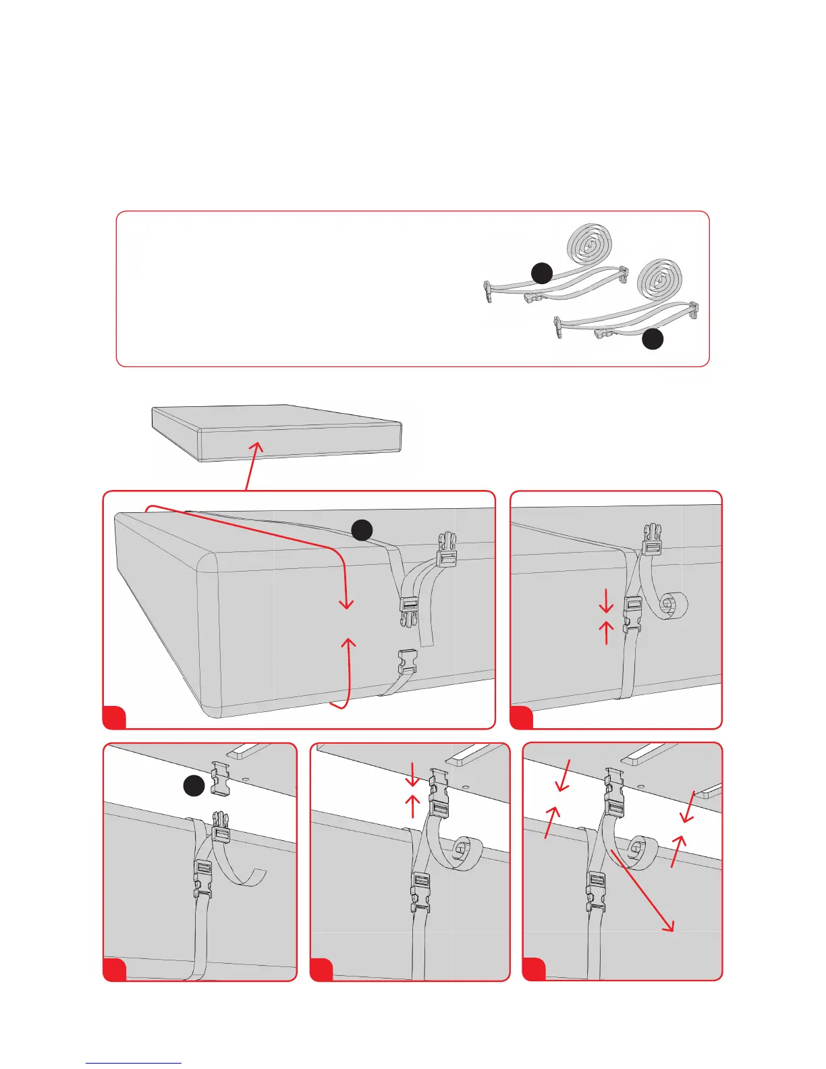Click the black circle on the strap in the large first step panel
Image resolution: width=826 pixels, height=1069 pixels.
[362, 530]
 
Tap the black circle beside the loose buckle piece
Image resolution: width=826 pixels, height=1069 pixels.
[194, 786]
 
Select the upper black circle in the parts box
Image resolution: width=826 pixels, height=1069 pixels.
[542, 273]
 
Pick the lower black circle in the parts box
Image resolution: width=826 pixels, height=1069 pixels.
[652, 339]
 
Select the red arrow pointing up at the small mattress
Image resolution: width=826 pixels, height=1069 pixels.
[251, 466]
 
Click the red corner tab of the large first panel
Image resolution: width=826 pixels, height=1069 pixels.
[114, 717]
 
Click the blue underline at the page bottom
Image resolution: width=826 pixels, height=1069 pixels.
[134, 1063]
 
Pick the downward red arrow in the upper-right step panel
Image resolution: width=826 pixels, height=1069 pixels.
[606, 599]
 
